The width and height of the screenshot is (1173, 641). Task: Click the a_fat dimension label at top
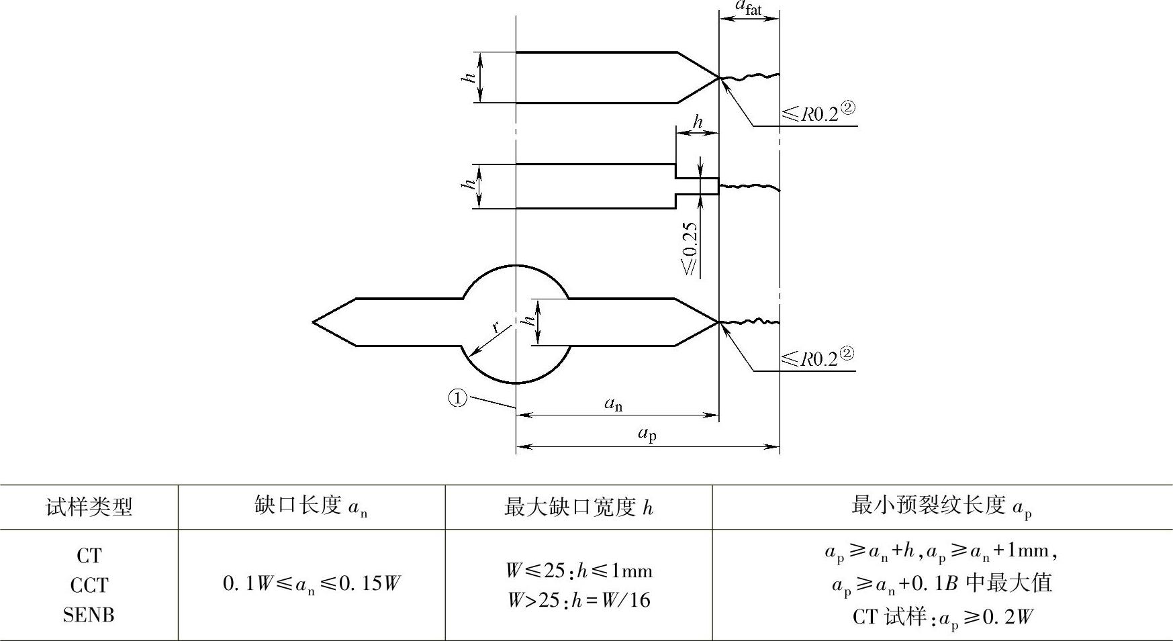748,7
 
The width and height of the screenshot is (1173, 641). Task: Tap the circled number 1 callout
457,399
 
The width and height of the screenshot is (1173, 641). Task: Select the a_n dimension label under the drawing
613,404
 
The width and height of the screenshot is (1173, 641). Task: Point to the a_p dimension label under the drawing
647,434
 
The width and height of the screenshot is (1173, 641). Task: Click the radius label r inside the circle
496,327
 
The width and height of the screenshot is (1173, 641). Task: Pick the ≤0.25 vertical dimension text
690,248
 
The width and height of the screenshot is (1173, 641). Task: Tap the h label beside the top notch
469,77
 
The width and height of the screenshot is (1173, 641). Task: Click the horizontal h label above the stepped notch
698,122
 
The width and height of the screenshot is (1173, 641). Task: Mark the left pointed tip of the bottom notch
314,322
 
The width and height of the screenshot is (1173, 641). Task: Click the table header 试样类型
89,507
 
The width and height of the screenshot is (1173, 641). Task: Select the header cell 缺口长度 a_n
311,507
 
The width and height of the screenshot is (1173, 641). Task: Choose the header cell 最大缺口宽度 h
578,507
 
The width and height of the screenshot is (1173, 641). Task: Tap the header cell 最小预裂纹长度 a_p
941,506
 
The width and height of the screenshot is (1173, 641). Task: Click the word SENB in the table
89,614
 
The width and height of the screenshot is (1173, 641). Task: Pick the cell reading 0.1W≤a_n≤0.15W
311,584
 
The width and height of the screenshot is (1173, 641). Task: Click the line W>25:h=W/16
578,599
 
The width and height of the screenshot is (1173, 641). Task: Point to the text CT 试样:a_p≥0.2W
942,616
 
